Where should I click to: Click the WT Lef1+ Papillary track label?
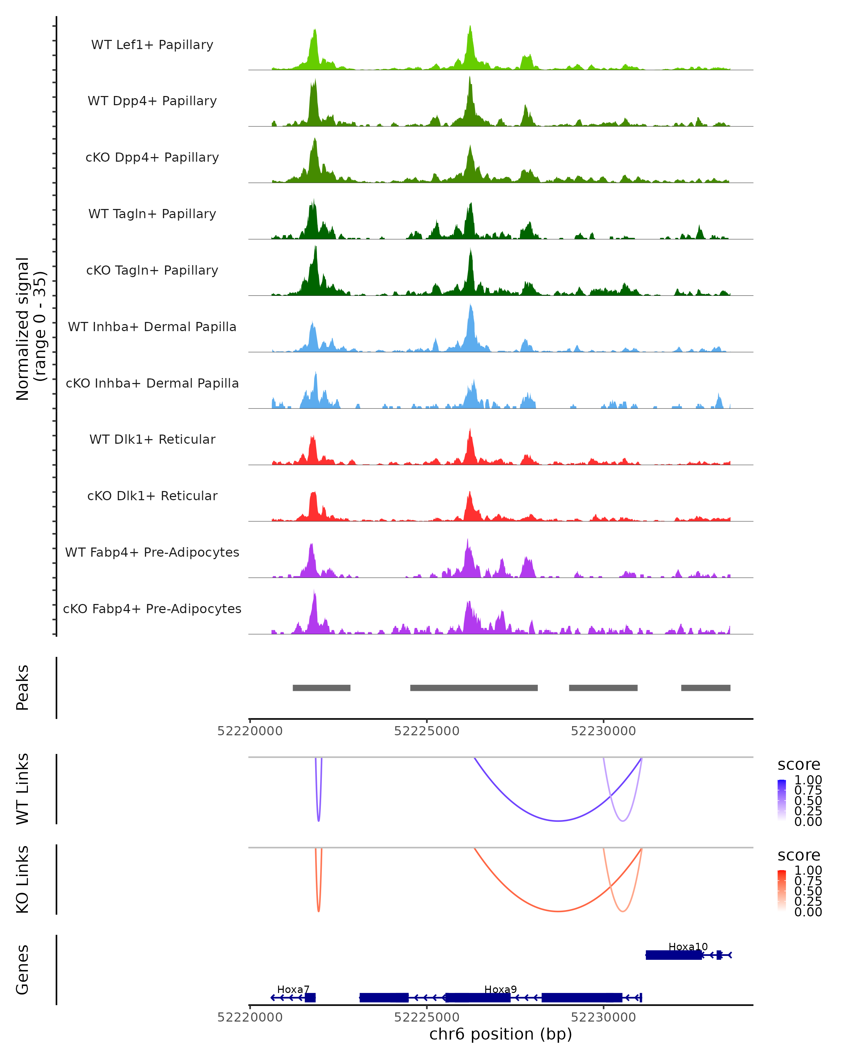pyautogui.click(x=152, y=45)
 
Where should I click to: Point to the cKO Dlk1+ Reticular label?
pyautogui.click(x=152, y=496)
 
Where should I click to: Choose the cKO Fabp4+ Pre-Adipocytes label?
pyautogui.click(x=152, y=609)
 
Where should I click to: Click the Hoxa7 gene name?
pyautogui.click(x=293, y=989)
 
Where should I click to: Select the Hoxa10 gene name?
pyautogui.click(x=688, y=946)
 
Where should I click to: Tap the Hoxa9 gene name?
pyautogui.click(x=500, y=989)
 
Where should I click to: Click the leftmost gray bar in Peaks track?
pyautogui.click(x=322, y=688)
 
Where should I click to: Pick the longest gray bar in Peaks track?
pyautogui.click(x=474, y=688)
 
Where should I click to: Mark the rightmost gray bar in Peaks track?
pyautogui.click(x=705, y=688)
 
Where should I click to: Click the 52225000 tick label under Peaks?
pyautogui.click(x=427, y=731)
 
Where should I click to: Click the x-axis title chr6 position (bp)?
pyautogui.click(x=500, y=1034)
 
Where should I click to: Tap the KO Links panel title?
pyautogui.click(x=23, y=879)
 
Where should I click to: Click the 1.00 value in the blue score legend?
pyautogui.click(x=808, y=780)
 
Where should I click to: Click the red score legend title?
pyautogui.click(x=798, y=855)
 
